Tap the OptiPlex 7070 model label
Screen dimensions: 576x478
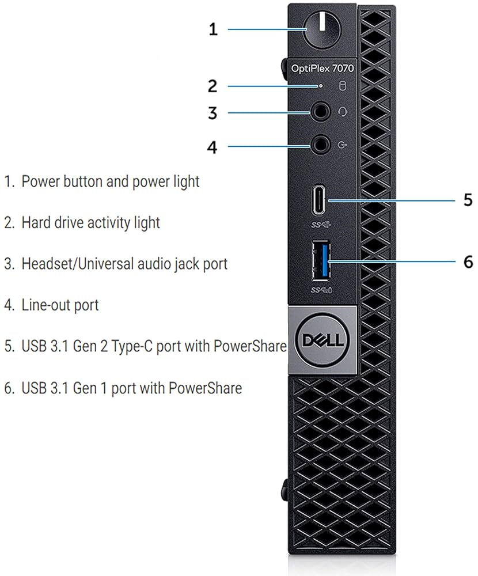click(x=323, y=67)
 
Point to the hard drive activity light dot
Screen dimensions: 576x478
click(x=322, y=86)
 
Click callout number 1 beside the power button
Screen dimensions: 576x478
click(x=213, y=29)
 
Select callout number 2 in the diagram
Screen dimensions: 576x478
click(x=213, y=86)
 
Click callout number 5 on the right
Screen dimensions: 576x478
click(x=468, y=200)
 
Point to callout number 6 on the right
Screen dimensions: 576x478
click(x=468, y=262)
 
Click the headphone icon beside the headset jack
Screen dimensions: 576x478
click(x=343, y=111)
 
